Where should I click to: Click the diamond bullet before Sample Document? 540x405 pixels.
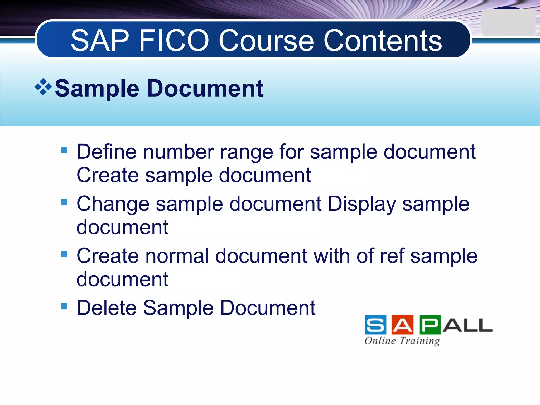tap(43, 87)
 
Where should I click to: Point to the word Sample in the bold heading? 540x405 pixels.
tap(97, 89)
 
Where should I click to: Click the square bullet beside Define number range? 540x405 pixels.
tap(64, 150)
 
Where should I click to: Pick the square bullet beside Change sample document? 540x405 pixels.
tap(64, 202)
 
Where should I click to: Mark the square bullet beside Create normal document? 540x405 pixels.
tap(64, 254)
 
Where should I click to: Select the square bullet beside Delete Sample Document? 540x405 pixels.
tap(64, 306)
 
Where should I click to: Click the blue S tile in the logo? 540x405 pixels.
tap(375, 325)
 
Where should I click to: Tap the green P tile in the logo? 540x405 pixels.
tap(430, 325)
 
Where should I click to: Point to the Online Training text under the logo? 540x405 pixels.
tap(402, 341)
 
